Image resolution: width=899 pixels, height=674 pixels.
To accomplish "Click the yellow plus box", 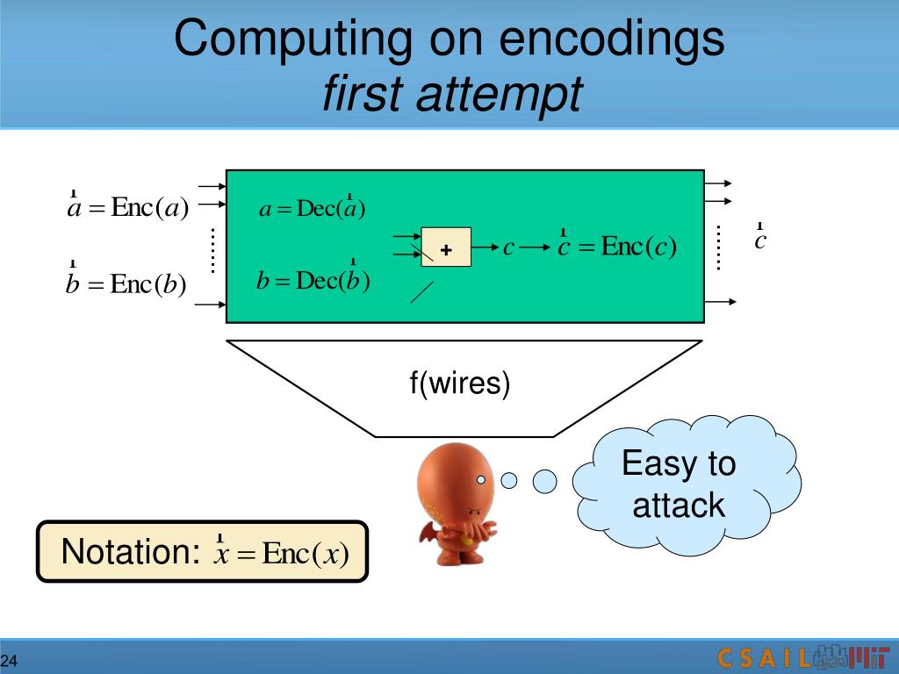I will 446,247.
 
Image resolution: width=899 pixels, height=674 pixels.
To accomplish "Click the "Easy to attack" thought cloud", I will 679,484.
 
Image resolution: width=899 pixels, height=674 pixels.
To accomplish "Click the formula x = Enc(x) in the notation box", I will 282,553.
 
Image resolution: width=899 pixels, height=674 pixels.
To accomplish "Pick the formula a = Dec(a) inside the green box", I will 312,208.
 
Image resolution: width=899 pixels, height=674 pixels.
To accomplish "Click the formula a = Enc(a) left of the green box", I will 128,208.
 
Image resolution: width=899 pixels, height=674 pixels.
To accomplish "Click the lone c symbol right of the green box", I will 760,240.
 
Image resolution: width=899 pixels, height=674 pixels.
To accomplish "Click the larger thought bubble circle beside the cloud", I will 545,480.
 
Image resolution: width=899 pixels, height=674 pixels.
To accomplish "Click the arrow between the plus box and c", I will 485,247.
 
